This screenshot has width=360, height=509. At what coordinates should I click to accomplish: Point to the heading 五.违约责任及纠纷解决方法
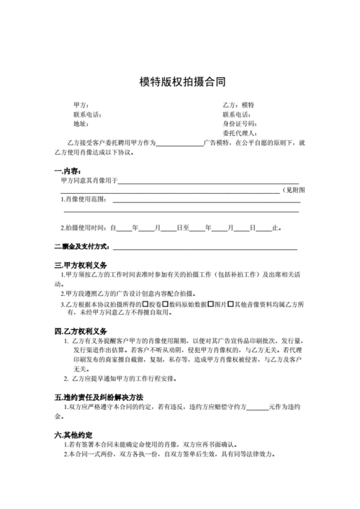point(99,397)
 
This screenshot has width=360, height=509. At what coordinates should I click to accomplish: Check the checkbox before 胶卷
point(145,304)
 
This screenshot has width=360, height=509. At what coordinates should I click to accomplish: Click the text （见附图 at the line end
point(294,189)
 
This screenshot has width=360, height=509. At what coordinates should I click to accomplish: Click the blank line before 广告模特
point(179,143)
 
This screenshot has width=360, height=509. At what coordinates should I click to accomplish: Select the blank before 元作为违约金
point(257,407)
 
